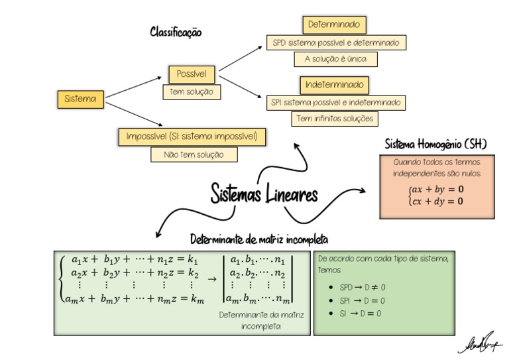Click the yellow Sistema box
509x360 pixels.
coord(80,99)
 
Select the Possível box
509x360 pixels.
coord(192,74)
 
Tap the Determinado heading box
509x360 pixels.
coord(335,25)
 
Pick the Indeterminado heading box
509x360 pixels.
coord(335,85)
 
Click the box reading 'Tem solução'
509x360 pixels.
coord(192,92)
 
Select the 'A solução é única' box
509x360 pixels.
coord(335,59)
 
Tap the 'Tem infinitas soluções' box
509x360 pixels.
coord(335,119)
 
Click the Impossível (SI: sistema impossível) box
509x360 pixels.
coord(196,137)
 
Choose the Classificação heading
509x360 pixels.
coord(176,31)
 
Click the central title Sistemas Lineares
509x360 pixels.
coord(264,193)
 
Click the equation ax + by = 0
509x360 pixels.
coord(438,189)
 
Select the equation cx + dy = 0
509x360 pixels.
coord(438,201)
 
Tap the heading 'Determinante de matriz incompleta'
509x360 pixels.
coord(259,239)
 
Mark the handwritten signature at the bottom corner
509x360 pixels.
coord(479,343)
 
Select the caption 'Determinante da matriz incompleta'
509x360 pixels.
coord(262,320)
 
